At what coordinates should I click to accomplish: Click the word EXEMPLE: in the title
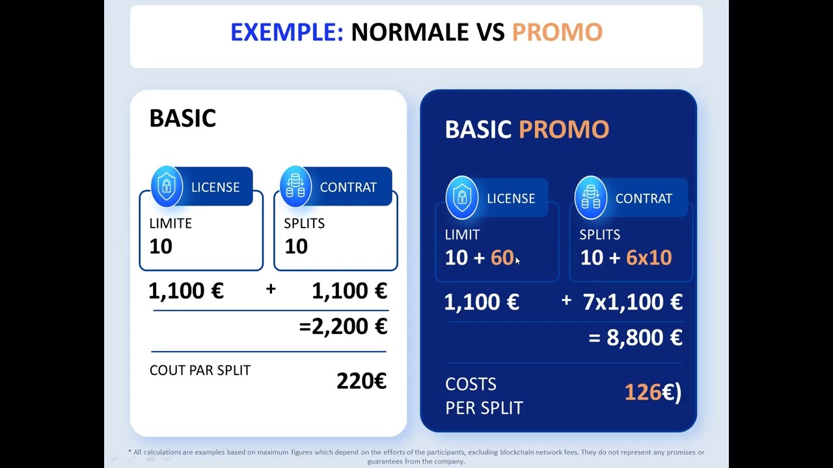pyautogui.click(x=287, y=32)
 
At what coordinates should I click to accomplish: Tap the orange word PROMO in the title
pyautogui.click(x=557, y=32)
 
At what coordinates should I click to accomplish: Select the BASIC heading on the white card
pyautogui.click(x=183, y=118)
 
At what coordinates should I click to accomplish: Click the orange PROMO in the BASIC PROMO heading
pyautogui.click(x=564, y=129)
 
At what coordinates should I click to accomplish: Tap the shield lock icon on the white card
pyautogui.click(x=167, y=186)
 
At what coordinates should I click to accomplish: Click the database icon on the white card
pyautogui.click(x=295, y=186)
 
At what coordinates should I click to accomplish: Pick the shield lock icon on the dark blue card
pyautogui.click(x=462, y=197)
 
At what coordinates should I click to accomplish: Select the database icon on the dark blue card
pyautogui.click(x=591, y=197)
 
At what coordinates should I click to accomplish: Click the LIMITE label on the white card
pyautogui.click(x=171, y=223)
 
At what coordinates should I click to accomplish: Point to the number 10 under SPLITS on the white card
pyautogui.click(x=296, y=246)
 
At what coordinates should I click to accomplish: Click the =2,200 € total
pyautogui.click(x=343, y=326)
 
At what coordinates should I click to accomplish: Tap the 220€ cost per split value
pyautogui.click(x=361, y=381)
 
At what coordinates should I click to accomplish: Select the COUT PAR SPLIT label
pyautogui.click(x=200, y=370)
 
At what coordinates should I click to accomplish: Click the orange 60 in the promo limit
pyautogui.click(x=502, y=257)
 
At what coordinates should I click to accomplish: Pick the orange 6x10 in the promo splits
pyautogui.click(x=649, y=257)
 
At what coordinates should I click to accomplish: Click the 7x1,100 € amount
pyautogui.click(x=633, y=302)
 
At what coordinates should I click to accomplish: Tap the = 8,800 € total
pyautogui.click(x=636, y=337)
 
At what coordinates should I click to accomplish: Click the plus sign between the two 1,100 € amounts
pyautogui.click(x=271, y=289)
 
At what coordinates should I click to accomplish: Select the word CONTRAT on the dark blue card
pyautogui.click(x=644, y=198)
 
